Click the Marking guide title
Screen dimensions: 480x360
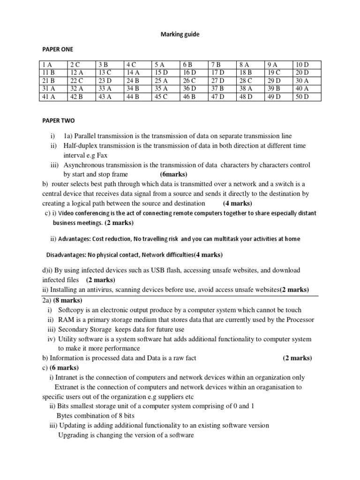[180, 34]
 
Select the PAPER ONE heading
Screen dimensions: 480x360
[58, 49]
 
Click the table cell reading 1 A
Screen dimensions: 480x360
[47, 65]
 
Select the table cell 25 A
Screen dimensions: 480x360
[161, 81]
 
